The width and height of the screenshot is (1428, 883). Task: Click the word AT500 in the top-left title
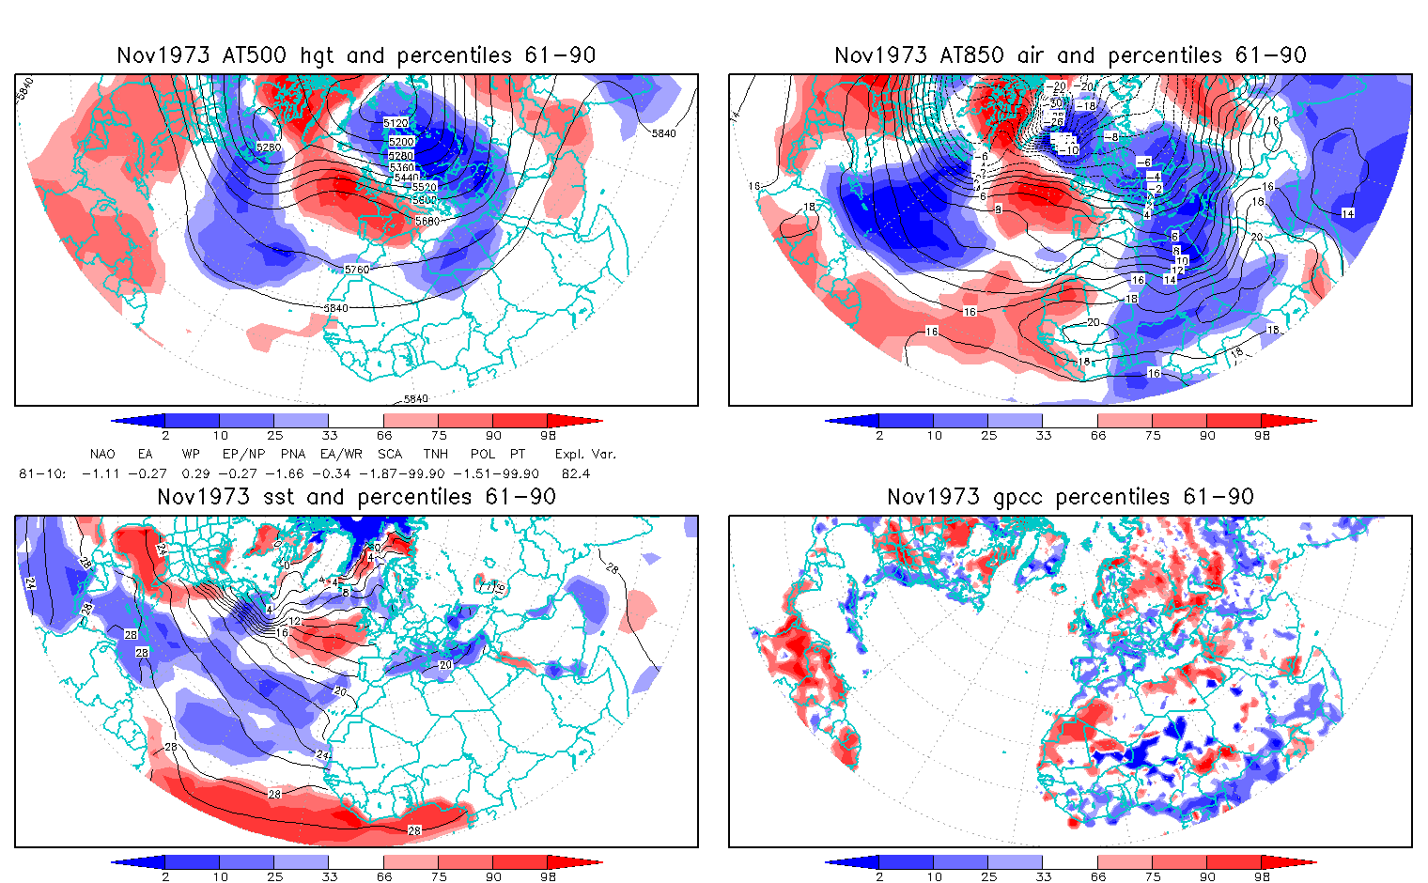click(255, 55)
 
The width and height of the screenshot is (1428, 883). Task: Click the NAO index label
click(102, 454)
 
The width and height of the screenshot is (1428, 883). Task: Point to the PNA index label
click(293, 454)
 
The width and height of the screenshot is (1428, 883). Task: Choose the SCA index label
click(390, 454)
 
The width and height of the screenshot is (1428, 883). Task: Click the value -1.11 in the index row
click(101, 473)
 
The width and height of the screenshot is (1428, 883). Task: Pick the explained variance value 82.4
click(575, 473)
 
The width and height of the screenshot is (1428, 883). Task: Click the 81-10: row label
click(42, 473)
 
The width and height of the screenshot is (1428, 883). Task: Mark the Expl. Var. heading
click(585, 454)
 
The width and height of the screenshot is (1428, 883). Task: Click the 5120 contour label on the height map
click(396, 123)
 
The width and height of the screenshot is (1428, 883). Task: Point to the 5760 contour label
click(357, 270)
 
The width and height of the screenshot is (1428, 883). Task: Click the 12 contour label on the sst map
click(295, 621)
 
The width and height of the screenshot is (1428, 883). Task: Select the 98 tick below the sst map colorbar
click(549, 876)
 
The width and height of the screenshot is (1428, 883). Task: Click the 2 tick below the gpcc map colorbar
click(879, 876)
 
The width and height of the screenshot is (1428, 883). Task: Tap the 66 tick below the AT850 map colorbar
click(1098, 435)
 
